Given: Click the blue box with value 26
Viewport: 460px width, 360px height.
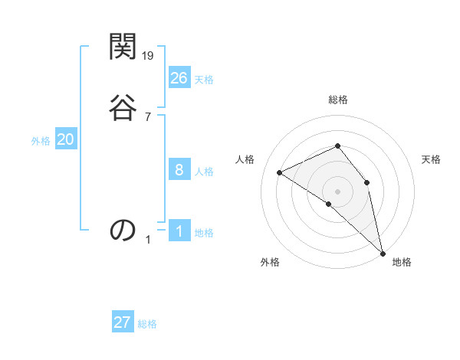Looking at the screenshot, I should (x=179, y=78).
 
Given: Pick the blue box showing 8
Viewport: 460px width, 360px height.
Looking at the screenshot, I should (x=179, y=170).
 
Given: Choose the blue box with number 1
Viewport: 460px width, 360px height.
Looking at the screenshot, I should (x=179, y=231).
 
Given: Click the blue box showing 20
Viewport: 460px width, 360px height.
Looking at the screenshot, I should (x=66, y=139).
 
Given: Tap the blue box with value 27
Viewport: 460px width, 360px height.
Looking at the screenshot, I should (x=123, y=322).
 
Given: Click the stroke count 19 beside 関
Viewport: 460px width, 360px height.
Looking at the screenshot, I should (x=149, y=55).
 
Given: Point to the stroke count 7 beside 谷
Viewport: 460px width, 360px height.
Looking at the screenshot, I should (x=148, y=116).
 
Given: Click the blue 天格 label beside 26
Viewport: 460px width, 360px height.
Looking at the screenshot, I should (x=204, y=80).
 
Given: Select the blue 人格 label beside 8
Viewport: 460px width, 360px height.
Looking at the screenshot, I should (x=204, y=172).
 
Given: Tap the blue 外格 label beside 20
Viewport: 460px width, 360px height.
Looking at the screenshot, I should (x=41, y=141).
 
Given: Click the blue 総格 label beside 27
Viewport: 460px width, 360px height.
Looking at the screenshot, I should (x=147, y=324).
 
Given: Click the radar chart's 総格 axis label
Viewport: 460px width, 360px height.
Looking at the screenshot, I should (x=338, y=100).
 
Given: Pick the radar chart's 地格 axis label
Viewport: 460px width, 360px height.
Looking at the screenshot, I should (x=402, y=262).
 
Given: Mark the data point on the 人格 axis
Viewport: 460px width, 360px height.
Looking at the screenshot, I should (x=280, y=172).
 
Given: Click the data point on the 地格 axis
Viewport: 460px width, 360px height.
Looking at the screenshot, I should (x=383, y=252).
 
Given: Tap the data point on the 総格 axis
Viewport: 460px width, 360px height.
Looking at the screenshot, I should (x=338, y=146).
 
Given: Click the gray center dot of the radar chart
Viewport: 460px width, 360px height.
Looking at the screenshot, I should (x=338, y=191).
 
